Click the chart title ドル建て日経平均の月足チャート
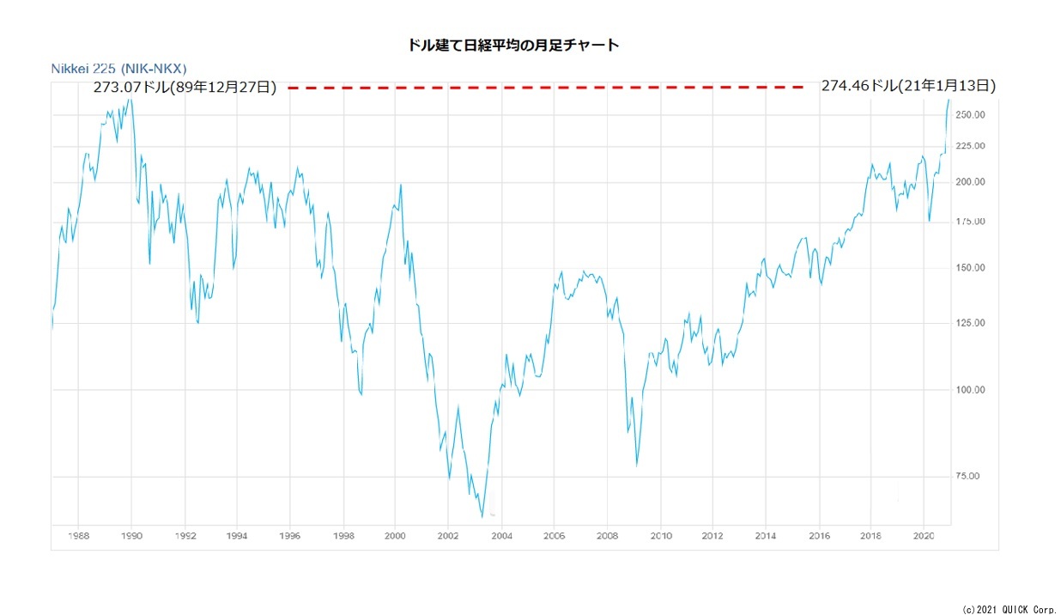(513, 46)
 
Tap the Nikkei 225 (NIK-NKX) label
(118, 68)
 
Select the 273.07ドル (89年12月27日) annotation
(185, 87)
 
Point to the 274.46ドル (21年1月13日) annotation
(908, 85)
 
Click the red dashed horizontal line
(546, 87)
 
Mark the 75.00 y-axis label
(967, 477)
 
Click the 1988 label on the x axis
(78, 536)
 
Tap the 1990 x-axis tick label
(131, 536)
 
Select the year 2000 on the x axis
(395, 536)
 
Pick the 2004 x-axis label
(501, 536)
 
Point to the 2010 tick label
(660, 536)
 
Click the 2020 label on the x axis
(924, 536)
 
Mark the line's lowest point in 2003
(482, 516)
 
